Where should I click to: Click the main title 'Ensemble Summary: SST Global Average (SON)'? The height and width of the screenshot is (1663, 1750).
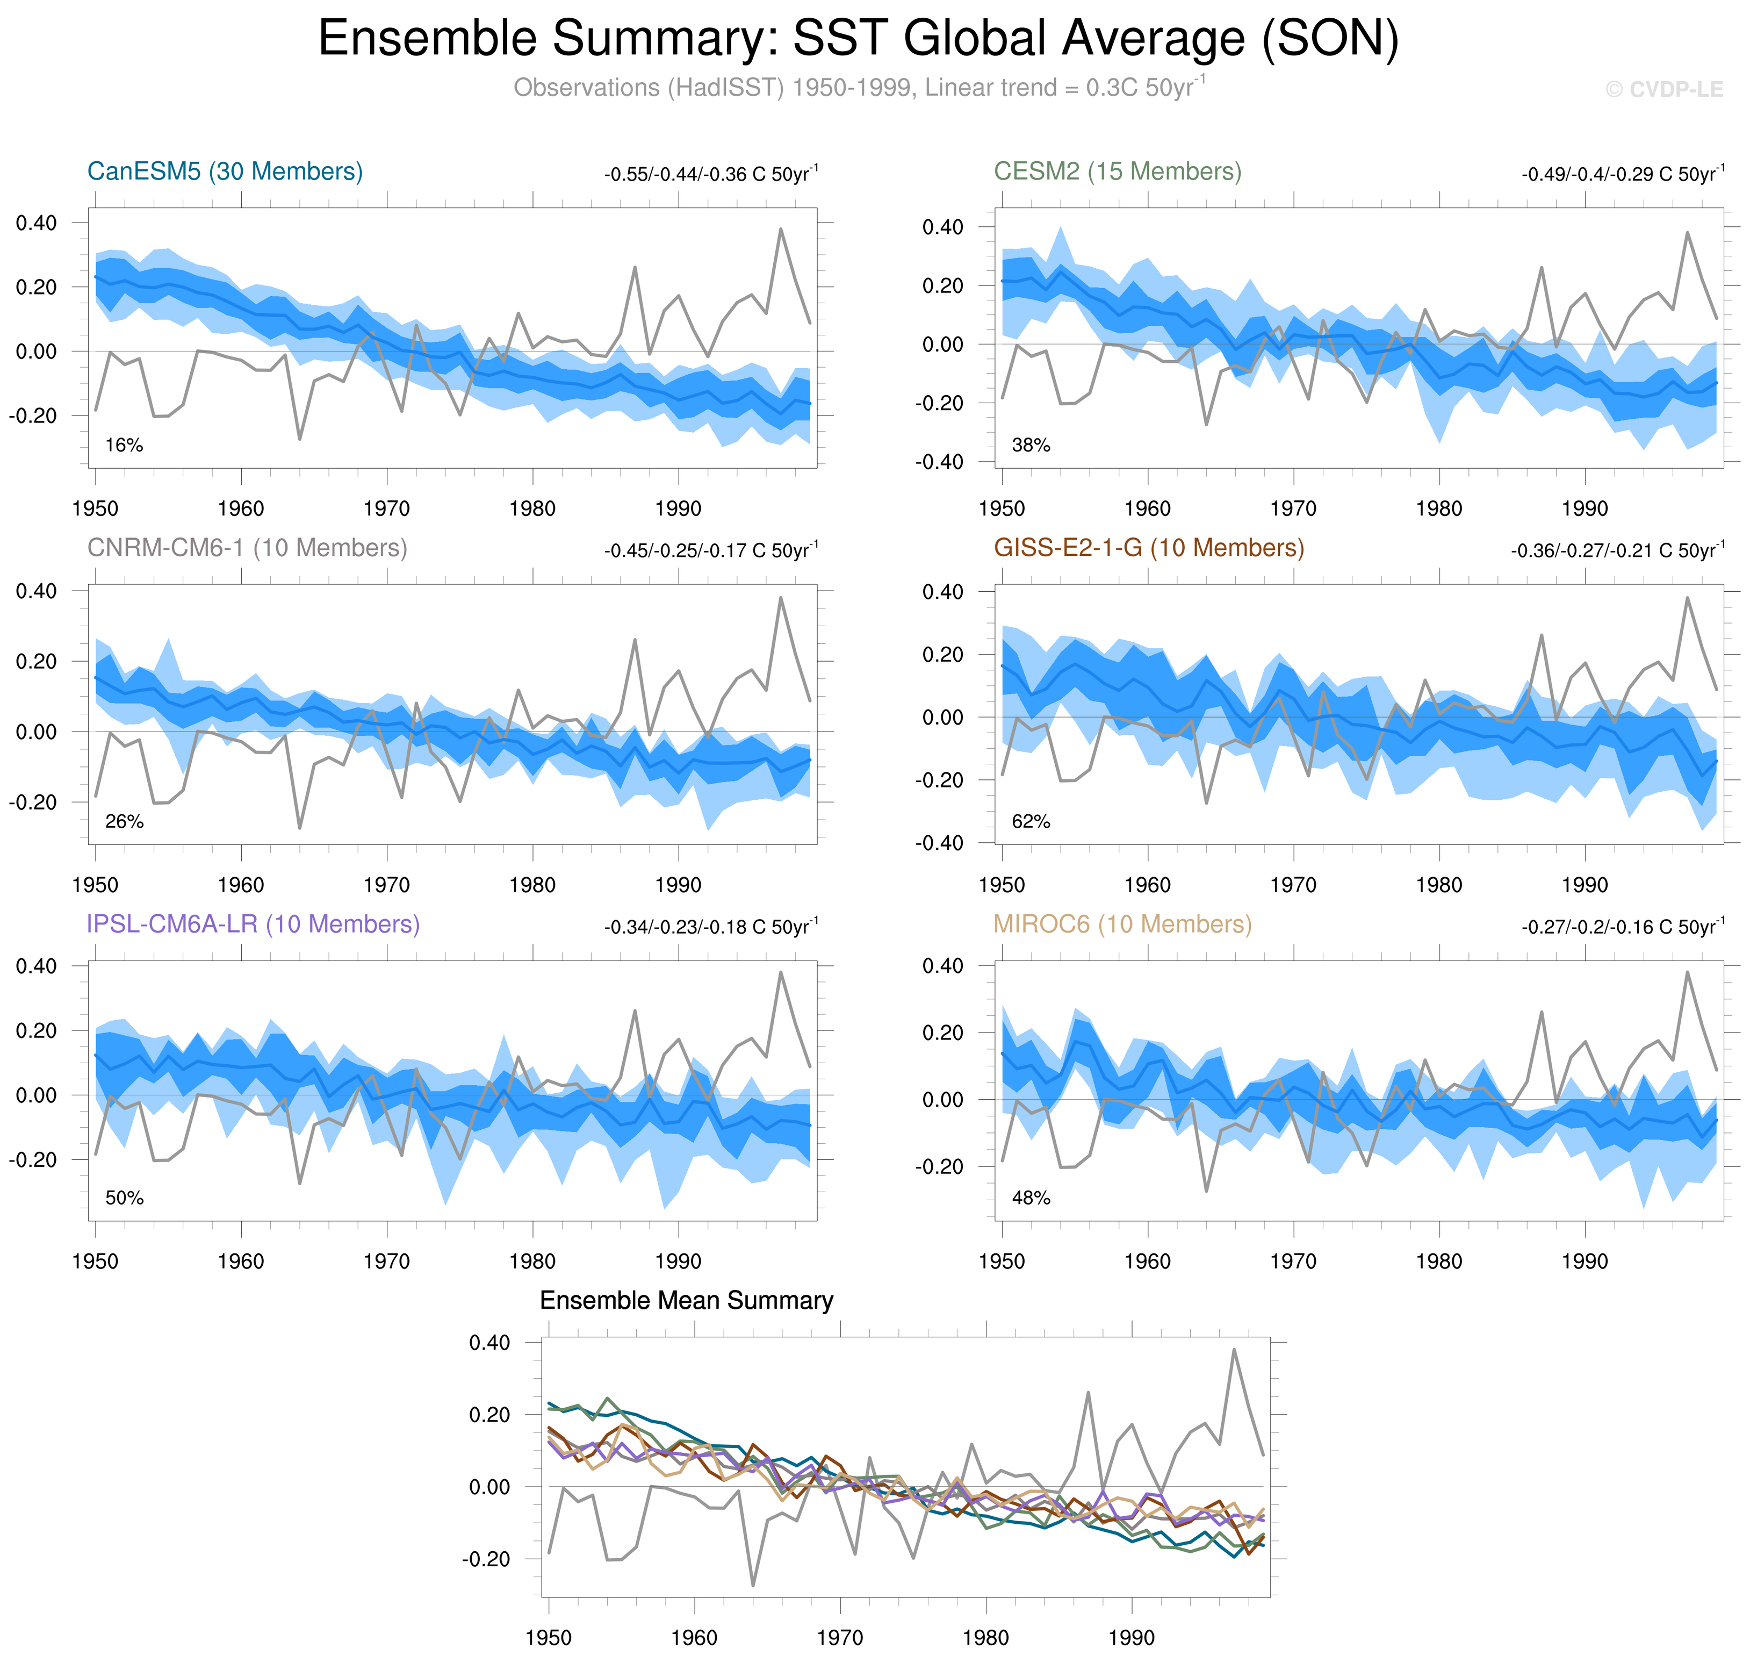coord(858,39)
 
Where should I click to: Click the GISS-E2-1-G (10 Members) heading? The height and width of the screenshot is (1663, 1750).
coord(1148,548)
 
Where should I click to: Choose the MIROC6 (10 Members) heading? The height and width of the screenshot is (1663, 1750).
coord(1122,924)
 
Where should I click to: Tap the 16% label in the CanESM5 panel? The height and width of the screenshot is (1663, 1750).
coord(124,445)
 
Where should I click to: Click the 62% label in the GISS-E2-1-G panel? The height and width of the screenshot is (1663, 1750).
coord(1031,822)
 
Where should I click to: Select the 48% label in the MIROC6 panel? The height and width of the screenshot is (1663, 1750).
coord(1031,1198)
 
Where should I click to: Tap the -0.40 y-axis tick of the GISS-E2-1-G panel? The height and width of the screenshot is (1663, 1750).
coord(939,843)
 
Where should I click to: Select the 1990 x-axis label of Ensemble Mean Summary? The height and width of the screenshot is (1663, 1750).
coord(1130,1637)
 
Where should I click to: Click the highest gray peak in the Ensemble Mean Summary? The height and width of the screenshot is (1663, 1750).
coord(1234,1350)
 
